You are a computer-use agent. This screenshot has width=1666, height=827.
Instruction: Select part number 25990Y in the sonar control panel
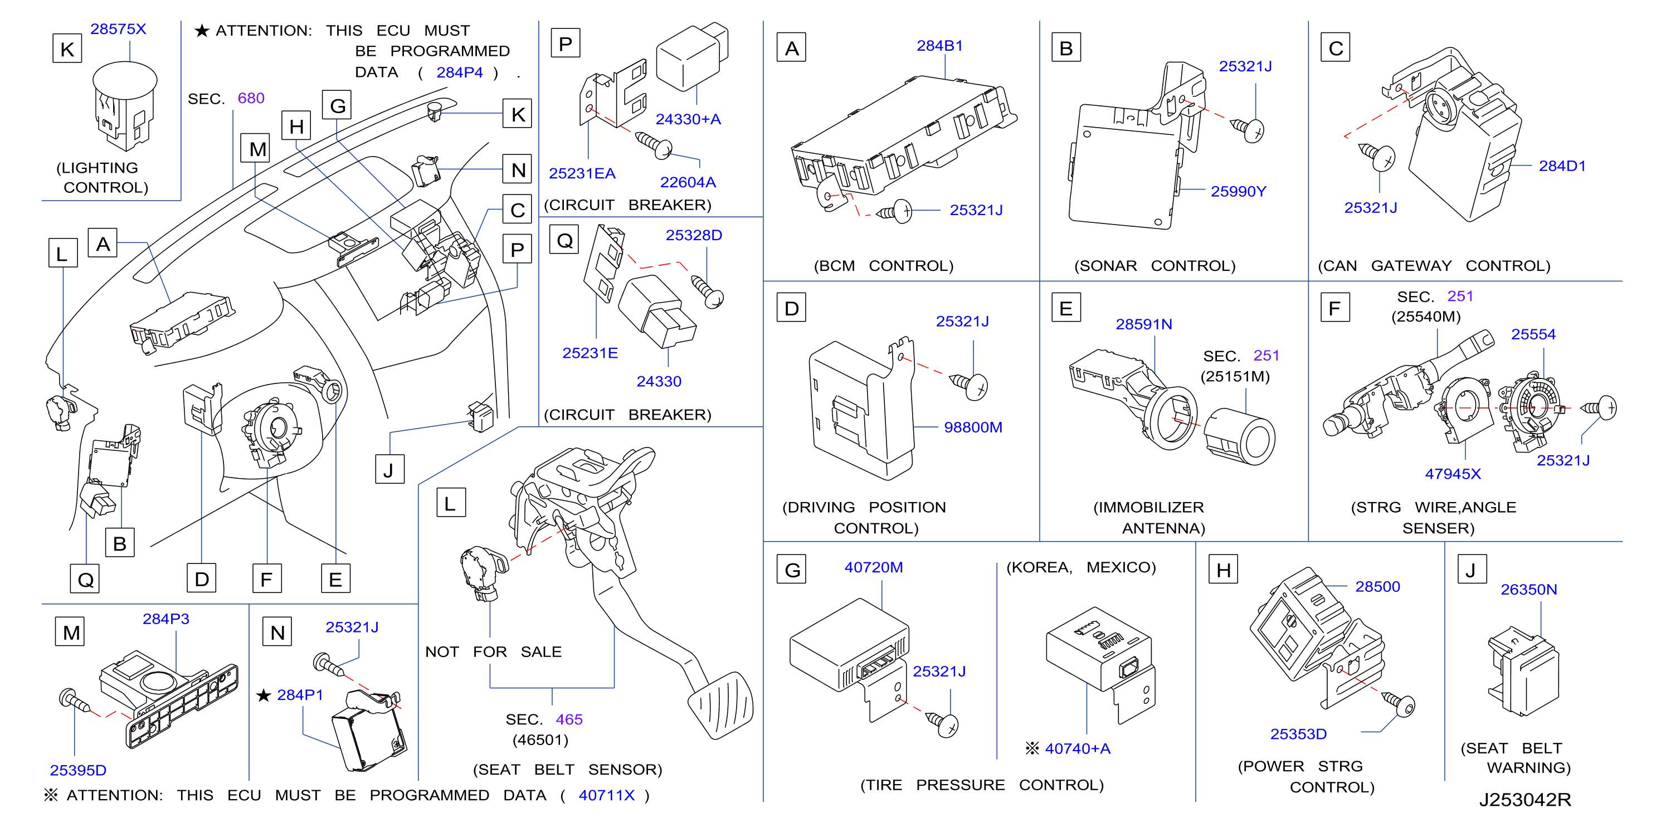pos(1238,191)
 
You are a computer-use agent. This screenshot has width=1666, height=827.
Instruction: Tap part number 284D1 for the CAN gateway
pos(1562,166)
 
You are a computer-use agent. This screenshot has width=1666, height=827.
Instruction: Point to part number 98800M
pos(973,427)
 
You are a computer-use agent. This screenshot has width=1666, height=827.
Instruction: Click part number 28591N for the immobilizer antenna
pos(1143,324)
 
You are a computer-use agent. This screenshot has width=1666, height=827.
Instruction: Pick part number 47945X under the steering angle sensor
pos(1453,474)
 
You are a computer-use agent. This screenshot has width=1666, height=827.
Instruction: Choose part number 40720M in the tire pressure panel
pos(873,567)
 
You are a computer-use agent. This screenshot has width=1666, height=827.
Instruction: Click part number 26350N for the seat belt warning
pos(1528,590)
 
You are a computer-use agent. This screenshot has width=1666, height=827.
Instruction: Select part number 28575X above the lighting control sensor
pos(118,29)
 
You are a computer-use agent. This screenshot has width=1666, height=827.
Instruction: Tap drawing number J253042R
pos(1524,800)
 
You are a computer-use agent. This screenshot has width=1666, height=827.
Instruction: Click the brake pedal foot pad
pos(722,704)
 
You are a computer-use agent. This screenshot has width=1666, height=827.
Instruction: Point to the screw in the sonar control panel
pos(1248,129)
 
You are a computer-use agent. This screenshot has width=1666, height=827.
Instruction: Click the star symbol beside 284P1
pos(263,695)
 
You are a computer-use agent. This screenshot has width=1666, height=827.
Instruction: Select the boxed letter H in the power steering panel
pos(1223,570)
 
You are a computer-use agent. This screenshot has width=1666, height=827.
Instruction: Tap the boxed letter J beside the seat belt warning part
pos(1472,570)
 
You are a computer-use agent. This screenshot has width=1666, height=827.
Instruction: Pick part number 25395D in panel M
pos(77,771)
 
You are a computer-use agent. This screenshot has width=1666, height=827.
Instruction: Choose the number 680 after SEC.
pos(251,98)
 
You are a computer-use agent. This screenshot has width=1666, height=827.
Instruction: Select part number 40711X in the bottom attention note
pos(606,795)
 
